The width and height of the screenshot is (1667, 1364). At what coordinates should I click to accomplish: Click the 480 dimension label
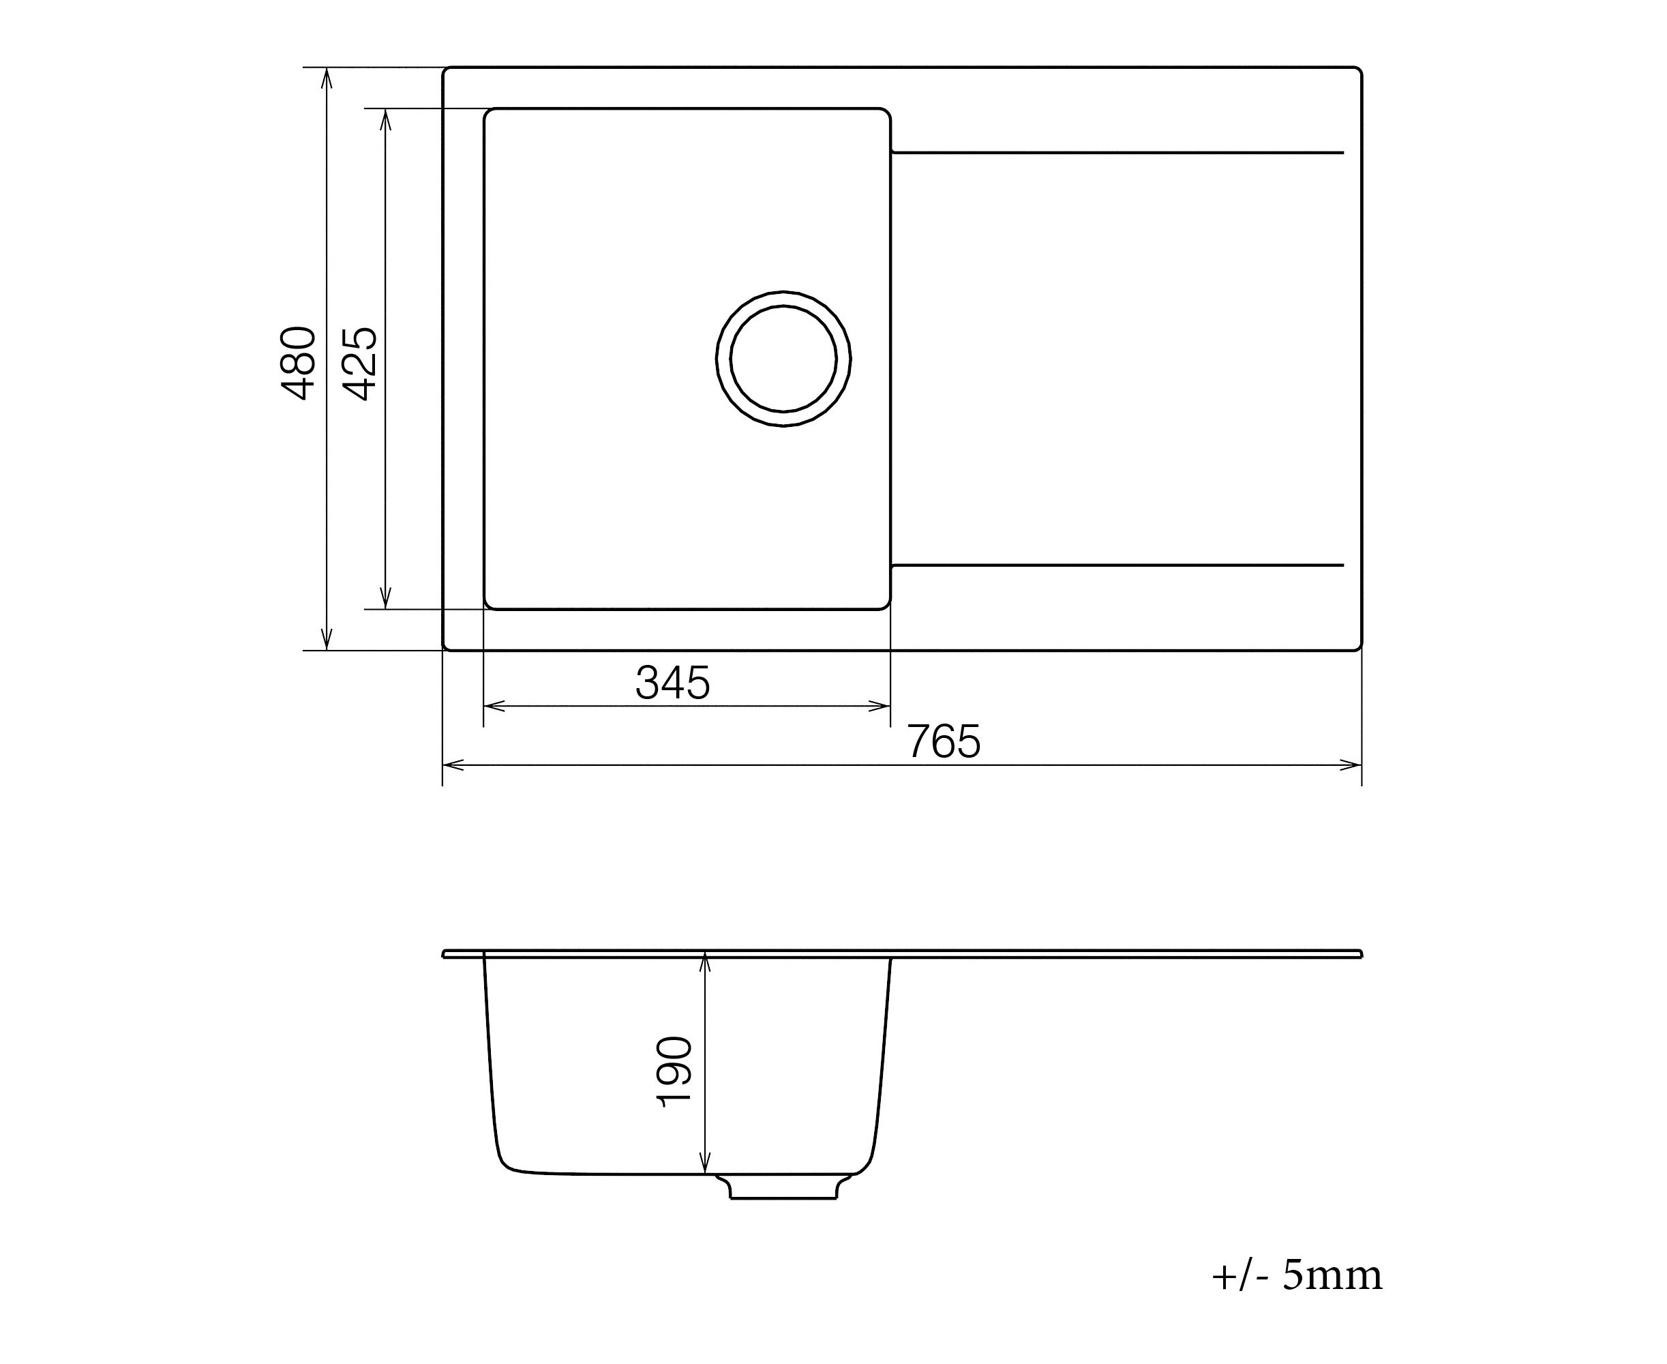tap(299, 363)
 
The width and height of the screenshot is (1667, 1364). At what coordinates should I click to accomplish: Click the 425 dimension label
tap(361, 363)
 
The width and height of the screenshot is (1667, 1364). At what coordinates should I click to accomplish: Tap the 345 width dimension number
tap(672, 683)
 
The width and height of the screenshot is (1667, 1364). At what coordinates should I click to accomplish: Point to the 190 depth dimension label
tap(674, 1071)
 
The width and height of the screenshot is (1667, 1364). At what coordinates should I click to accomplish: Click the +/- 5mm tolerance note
tap(1297, 1275)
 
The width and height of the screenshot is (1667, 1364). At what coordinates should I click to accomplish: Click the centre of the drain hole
tap(783, 358)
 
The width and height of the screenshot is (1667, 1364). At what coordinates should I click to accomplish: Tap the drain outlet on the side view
tap(783, 1187)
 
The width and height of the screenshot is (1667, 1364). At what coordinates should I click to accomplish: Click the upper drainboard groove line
tap(1117, 153)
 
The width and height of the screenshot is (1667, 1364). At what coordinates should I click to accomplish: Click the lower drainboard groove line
tap(1117, 565)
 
